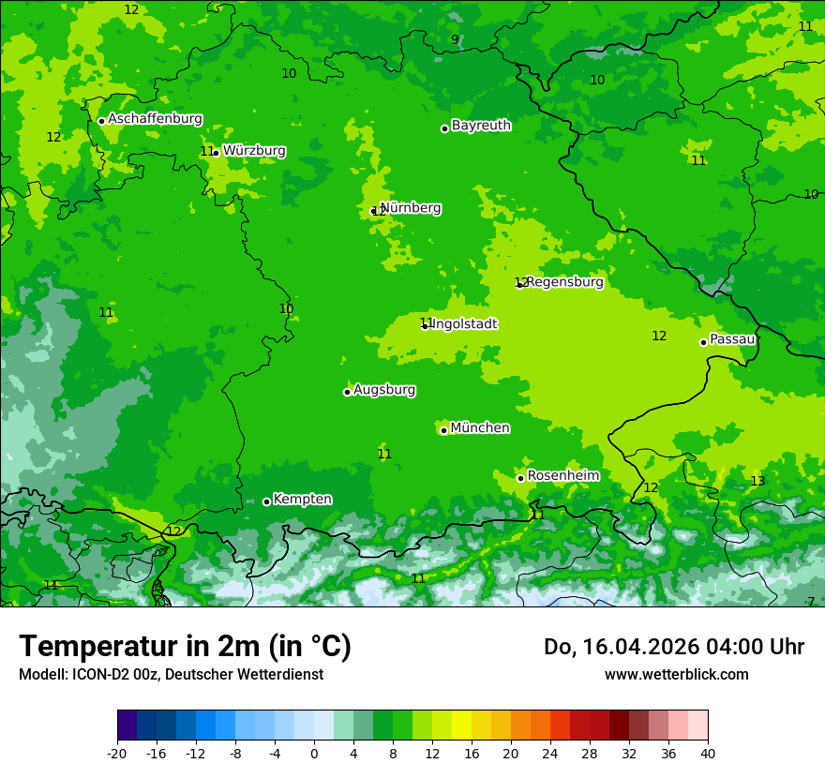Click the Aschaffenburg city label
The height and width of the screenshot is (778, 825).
(155, 119)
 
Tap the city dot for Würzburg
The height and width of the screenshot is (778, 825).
(216, 153)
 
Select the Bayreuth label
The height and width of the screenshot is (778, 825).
(481, 125)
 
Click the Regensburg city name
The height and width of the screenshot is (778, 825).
(564, 281)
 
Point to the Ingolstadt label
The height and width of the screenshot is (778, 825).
(464, 324)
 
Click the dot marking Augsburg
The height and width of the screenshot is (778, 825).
(347, 392)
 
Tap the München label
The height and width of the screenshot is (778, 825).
(480, 427)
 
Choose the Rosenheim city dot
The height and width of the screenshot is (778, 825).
(520, 478)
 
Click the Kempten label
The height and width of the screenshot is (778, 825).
(302, 499)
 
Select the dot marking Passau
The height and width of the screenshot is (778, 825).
(703, 342)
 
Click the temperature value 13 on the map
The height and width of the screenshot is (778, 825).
(757, 481)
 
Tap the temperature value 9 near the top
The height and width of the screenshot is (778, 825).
(455, 39)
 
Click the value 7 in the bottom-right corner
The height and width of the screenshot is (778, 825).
(811, 602)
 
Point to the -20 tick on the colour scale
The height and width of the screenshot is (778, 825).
(117, 753)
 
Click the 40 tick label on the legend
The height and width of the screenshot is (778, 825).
(708, 753)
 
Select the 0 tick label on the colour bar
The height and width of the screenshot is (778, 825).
(314, 753)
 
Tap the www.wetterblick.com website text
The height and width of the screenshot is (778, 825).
(676, 674)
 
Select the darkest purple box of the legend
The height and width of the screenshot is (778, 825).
(127, 726)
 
